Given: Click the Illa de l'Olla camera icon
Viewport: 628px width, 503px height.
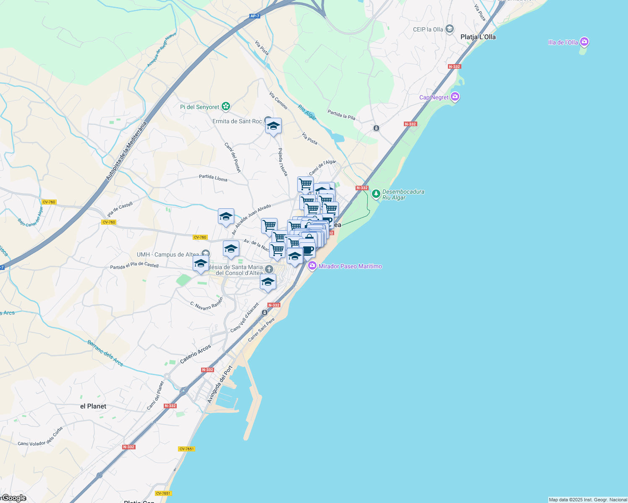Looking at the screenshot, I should pos(584,42).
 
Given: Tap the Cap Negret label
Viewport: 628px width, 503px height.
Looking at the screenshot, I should pos(434,97).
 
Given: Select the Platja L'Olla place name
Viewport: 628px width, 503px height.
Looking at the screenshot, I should pos(478,37).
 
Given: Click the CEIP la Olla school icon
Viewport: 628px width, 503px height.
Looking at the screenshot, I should pos(450,29).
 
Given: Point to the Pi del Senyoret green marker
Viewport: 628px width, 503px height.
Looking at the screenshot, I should pos(226,106).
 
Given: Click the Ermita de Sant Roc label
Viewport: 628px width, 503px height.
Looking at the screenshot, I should pos(237,121).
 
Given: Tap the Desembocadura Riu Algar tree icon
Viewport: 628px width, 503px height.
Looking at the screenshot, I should pos(376,194).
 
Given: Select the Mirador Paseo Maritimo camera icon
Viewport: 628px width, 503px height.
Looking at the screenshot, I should pos(312,266).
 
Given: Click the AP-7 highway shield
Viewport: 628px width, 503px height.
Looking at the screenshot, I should pos(254,16).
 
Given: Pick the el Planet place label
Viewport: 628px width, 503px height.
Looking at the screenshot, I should pos(93,406).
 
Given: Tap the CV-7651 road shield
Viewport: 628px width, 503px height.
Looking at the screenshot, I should pos(186,449).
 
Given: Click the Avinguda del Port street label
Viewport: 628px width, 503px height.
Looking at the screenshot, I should pos(220,384).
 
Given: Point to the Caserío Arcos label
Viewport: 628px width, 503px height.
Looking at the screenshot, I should pos(195,354).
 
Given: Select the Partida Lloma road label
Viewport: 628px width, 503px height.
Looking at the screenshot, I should pos(213,178).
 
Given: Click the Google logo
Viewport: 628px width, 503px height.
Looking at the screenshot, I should pos(13,498).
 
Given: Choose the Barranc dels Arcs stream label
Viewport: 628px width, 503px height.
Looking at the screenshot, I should pos(105,353).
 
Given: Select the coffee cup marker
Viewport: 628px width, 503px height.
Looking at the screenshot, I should pos(307,250).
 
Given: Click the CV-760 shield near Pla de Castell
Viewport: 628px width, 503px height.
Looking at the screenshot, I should pos(109,222).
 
